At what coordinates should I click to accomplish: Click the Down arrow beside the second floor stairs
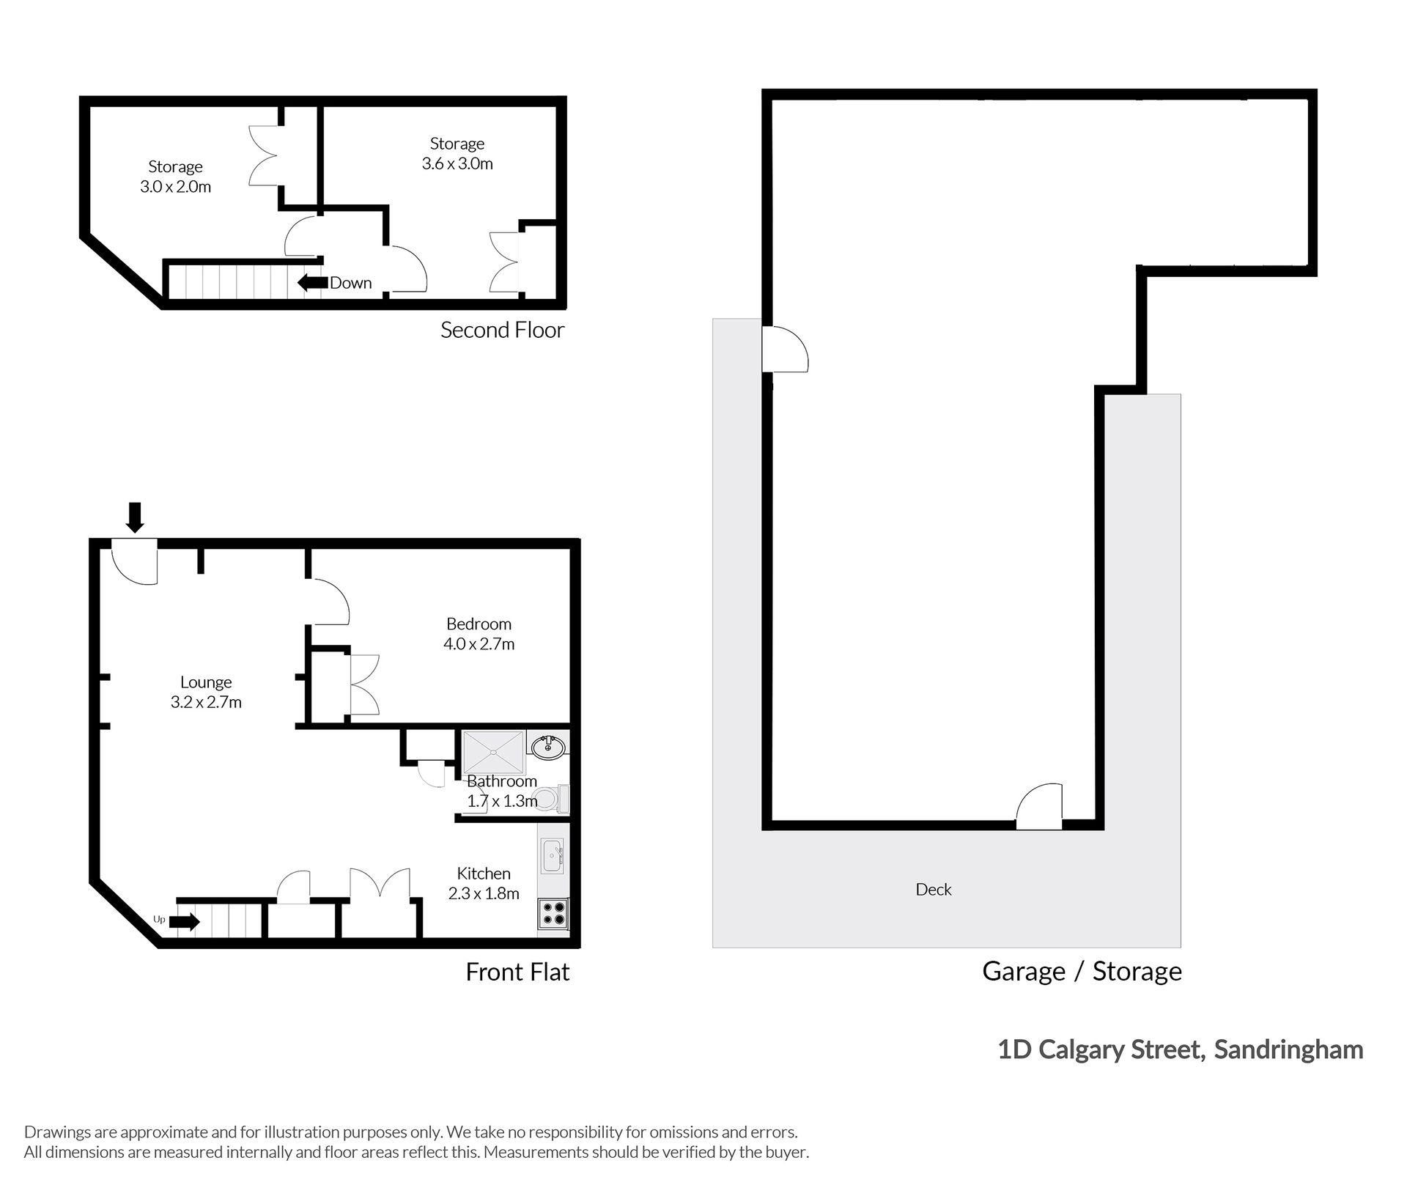pos(312,282)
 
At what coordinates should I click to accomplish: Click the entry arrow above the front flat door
pos(135,517)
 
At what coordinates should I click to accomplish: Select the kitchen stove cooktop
pos(553,915)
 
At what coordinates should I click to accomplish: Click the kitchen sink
pos(553,856)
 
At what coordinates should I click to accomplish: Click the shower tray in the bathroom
pos(494,751)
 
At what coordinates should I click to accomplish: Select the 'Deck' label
pos(934,889)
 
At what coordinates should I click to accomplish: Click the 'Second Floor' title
pos(503,330)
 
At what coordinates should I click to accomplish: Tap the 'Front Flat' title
pos(517,972)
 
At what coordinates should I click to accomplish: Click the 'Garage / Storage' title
pos(1082,971)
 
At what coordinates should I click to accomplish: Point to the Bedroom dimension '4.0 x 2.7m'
pos(479,643)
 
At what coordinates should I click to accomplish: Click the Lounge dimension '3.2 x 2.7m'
pos(206,701)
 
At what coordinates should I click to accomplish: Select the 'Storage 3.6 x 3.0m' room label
pos(457,153)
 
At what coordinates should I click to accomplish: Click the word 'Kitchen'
pos(484,873)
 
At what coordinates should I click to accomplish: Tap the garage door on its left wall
pos(786,349)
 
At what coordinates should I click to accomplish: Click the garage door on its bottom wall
pos(1039,806)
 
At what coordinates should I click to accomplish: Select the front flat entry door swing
pos(135,561)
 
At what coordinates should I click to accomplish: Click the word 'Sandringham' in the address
pos(1288,1049)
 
